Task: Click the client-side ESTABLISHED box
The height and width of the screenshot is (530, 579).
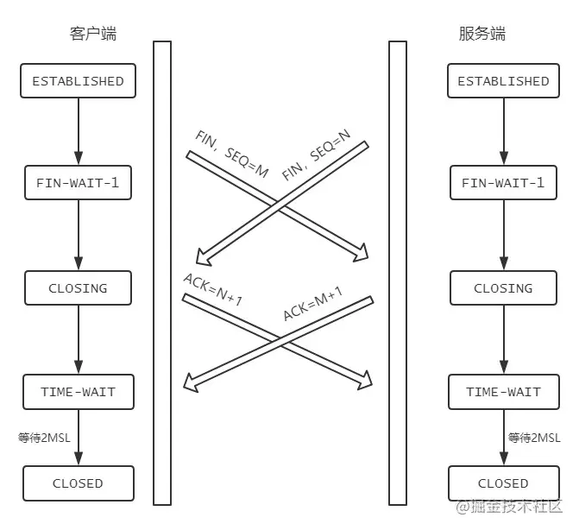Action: pos(78,80)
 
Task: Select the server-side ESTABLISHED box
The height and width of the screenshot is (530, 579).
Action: pos(503,80)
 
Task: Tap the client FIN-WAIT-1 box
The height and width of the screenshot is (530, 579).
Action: pos(78,183)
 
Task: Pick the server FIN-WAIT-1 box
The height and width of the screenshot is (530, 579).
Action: pos(503,183)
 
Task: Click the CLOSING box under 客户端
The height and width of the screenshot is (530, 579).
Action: pos(78,288)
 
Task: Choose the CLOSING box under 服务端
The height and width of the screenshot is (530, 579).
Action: pos(503,288)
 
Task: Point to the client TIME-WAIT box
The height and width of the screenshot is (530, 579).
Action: pos(78,392)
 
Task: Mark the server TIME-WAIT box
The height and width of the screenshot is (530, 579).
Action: pos(503,392)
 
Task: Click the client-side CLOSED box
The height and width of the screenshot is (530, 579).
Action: pos(78,483)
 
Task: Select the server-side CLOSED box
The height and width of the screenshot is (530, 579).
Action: pos(503,483)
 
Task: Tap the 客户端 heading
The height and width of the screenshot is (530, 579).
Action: pos(92,35)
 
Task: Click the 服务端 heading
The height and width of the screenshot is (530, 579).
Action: pos(481,35)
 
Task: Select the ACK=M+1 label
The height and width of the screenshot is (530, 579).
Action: pos(312,304)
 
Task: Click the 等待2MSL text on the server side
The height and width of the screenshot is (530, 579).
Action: pos(534,438)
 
